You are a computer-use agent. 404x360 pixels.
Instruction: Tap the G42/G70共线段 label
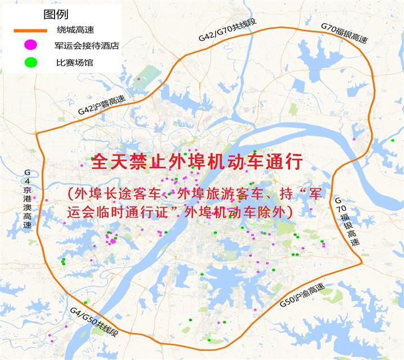[x=227, y=30]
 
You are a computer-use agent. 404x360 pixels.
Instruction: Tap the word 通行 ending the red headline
[x=288, y=163]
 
